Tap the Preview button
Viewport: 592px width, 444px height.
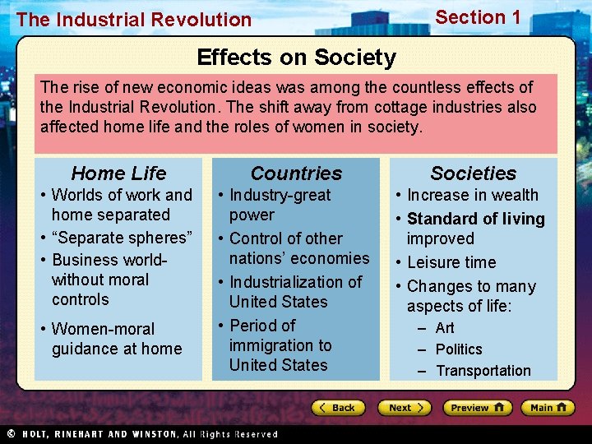click(478, 408)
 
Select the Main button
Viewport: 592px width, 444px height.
click(548, 408)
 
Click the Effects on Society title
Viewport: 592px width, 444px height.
click(296, 58)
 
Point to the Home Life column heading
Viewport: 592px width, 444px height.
click(118, 173)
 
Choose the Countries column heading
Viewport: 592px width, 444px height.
click(296, 173)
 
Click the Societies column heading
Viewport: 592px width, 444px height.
click(474, 173)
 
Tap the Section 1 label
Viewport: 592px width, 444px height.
click(478, 17)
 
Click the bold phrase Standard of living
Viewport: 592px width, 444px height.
click(476, 219)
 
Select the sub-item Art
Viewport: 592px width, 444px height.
click(445, 328)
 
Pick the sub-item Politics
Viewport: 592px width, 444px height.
click(459, 349)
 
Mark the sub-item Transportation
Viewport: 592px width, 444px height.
click(483, 371)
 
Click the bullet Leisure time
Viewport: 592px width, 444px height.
click(451, 262)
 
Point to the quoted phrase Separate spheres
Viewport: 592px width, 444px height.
click(122, 238)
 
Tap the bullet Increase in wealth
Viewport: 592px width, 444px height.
click(473, 195)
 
